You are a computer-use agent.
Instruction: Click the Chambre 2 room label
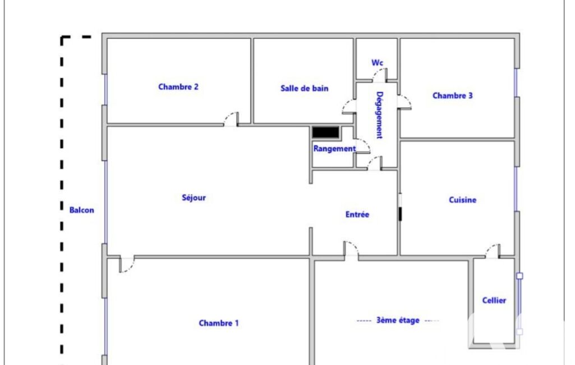[x=178, y=87]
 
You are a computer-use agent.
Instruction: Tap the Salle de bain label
[x=305, y=89]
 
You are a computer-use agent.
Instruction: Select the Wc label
[x=378, y=63]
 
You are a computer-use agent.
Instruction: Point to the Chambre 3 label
[x=453, y=96]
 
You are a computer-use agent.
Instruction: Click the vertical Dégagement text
[x=380, y=115]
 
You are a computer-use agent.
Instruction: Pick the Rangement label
[x=334, y=149]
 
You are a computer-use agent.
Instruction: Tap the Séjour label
[x=194, y=198]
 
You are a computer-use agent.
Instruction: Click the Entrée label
[x=357, y=215]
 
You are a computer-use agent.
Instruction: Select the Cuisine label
[x=463, y=200]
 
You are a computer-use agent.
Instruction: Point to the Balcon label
[x=82, y=210]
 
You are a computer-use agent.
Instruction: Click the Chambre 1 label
[x=219, y=323]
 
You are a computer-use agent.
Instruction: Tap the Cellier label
[x=494, y=300]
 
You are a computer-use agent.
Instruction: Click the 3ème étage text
[x=398, y=320]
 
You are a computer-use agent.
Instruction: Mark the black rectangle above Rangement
[x=325, y=132]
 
